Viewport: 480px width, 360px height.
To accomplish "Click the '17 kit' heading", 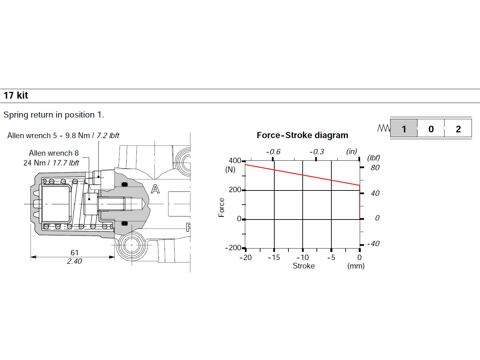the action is (x=16, y=96).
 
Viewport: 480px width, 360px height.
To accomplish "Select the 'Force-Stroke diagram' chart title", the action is (x=302, y=135).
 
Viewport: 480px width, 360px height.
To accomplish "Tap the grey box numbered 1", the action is (x=404, y=128).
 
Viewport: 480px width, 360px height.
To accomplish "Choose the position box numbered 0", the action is (x=431, y=128).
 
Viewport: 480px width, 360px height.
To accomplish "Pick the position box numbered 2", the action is (x=458, y=128).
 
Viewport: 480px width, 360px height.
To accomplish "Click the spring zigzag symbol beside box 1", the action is (x=384, y=128).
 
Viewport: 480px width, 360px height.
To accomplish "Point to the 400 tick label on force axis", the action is (x=235, y=161).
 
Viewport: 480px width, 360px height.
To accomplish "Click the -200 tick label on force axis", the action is (x=233, y=248).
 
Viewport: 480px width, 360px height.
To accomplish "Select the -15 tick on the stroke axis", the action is (x=274, y=257).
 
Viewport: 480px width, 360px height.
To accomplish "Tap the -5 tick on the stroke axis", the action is (x=331, y=257).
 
